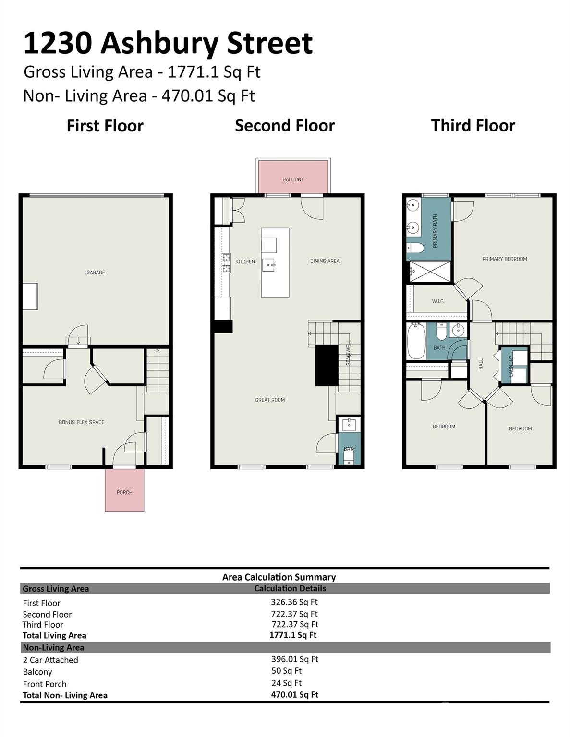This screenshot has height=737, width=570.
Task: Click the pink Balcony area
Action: (293, 177)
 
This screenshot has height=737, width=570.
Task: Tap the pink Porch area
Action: (124, 490)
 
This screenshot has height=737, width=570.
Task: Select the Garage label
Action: (96, 273)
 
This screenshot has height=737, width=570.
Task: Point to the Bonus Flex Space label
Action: (82, 422)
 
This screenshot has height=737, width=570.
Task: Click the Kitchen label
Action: (245, 262)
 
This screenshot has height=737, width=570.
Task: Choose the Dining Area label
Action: (325, 261)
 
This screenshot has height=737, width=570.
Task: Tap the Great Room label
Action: (270, 400)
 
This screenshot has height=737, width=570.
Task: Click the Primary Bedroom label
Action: (505, 259)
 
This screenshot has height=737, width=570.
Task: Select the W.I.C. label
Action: (438, 301)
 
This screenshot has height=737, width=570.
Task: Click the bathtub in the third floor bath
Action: (416, 341)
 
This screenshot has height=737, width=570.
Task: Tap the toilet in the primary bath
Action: (415, 248)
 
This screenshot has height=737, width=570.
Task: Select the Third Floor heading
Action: (473, 125)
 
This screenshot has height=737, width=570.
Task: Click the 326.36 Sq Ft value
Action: (294, 602)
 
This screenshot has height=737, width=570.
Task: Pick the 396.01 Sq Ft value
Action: (294, 659)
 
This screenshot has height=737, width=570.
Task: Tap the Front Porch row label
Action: (45, 684)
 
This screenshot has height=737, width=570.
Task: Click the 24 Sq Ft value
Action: (286, 683)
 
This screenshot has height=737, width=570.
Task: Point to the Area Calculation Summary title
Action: (279, 577)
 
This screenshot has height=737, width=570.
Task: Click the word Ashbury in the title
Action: (159, 43)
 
